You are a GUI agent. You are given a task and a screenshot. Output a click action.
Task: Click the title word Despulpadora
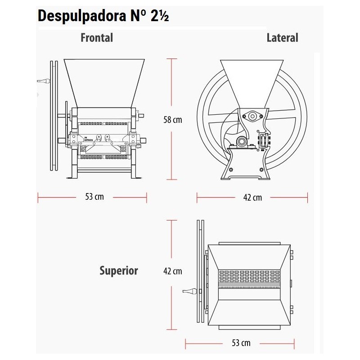[82, 16]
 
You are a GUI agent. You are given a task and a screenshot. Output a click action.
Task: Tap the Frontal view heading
[97, 38]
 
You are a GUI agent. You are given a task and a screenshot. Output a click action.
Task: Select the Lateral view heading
[282, 38]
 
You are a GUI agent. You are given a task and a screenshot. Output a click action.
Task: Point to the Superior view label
[119, 271]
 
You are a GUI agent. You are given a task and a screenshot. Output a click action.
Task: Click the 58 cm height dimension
[173, 120]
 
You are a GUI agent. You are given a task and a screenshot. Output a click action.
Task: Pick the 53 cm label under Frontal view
[94, 197]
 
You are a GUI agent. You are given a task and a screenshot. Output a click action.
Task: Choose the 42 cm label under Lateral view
[252, 198]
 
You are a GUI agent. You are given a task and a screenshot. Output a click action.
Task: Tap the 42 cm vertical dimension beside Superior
[173, 271]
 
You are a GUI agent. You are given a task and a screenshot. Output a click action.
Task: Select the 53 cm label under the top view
[241, 343]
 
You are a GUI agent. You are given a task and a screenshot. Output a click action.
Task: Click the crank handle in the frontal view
[44, 81]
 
